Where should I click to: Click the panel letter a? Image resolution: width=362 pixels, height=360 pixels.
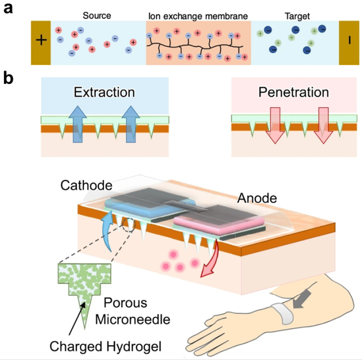point(9,9)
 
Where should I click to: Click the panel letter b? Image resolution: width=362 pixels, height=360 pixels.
point(9,79)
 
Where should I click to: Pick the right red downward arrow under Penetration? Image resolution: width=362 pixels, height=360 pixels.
point(323,125)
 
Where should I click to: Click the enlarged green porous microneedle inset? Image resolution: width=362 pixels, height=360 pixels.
point(84,288)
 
